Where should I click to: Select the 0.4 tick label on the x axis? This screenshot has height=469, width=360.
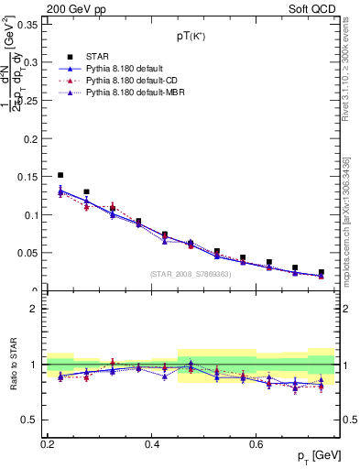(x=154, y=443)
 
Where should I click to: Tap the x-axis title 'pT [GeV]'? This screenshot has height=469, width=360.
(x=312, y=455)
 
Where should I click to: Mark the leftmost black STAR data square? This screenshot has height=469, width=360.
(x=60, y=175)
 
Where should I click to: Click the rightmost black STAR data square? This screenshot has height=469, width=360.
(x=322, y=272)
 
